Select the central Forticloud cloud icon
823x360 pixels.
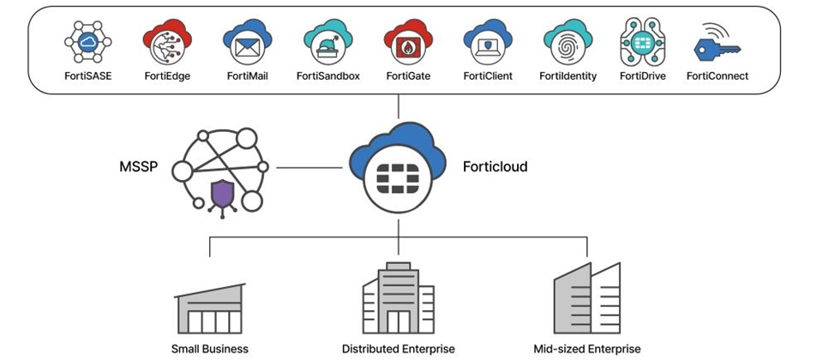pyautogui.click(x=399, y=167)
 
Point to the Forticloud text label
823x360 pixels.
pyautogui.click(x=495, y=166)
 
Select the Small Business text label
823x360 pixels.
pyautogui.click(x=210, y=349)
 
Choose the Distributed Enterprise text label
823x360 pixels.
pyautogui.click(x=399, y=349)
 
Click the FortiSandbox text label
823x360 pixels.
pyautogui.click(x=327, y=76)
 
